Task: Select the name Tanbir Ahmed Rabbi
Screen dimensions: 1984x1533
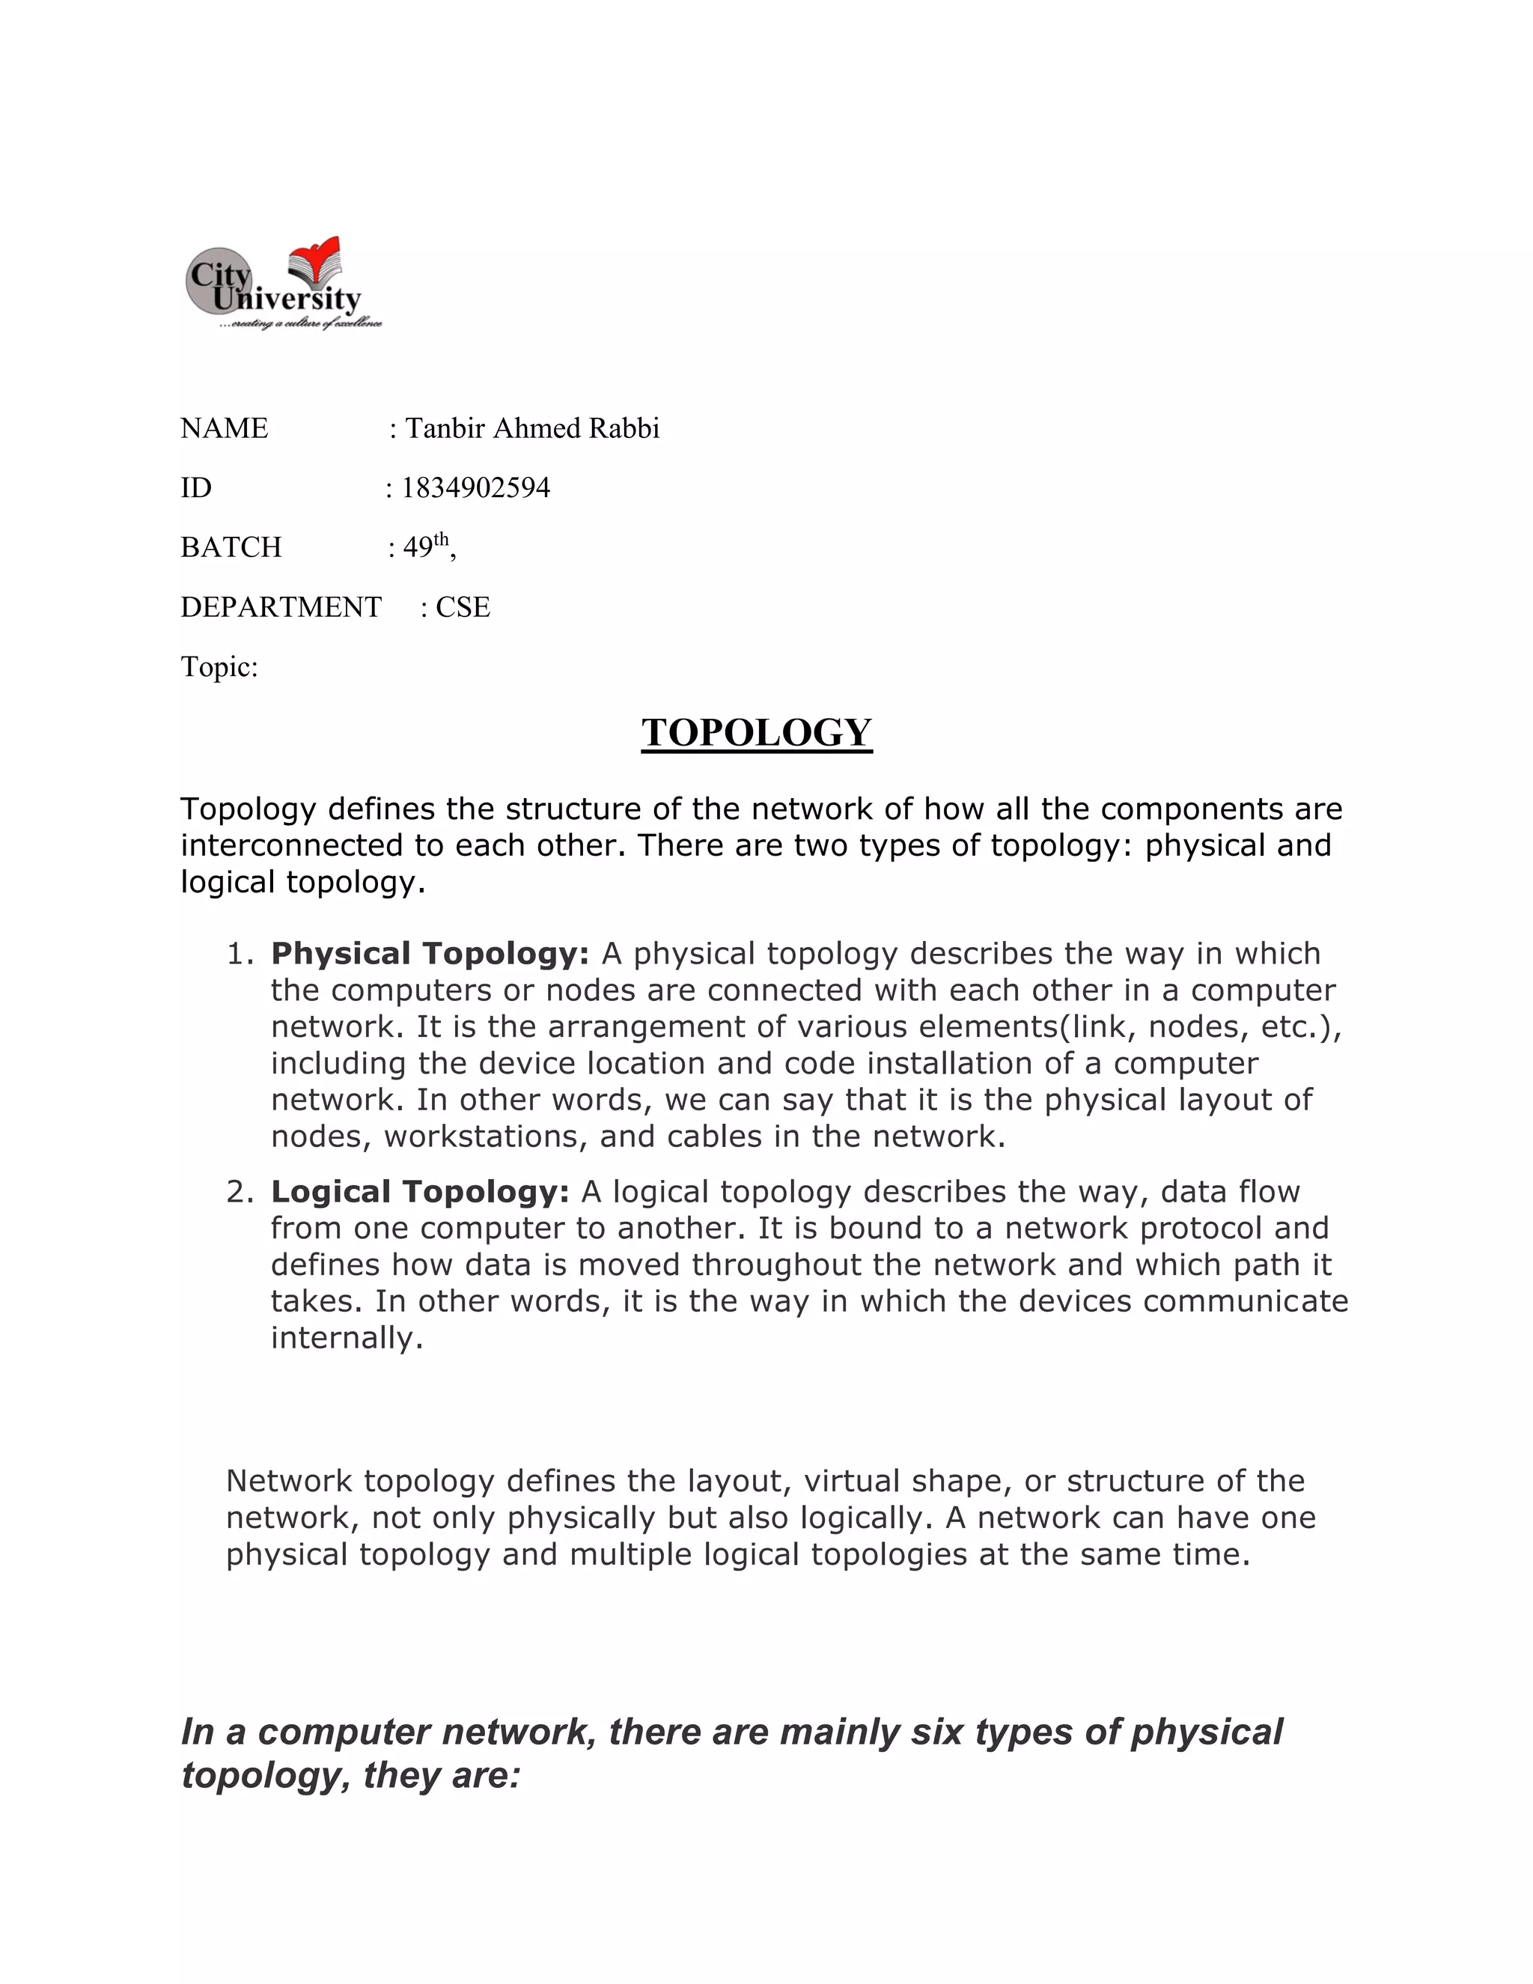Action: [x=532, y=427]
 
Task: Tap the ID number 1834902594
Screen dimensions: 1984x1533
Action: [x=476, y=488]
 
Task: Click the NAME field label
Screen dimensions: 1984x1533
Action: [x=225, y=427]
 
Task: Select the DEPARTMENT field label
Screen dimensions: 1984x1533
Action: [x=281, y=607]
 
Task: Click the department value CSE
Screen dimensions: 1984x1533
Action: [x=463, y=607]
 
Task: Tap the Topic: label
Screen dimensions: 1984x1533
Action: [x=219, y=667]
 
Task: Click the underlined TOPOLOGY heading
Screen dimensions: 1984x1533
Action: [x=757, y=733]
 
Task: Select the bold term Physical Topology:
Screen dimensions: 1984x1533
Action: [x=430, y=954]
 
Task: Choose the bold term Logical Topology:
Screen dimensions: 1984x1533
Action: [x=420, y=1192]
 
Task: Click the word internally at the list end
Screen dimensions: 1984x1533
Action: [x=346, y=1338]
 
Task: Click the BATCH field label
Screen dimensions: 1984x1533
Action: [x=231, y=547]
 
